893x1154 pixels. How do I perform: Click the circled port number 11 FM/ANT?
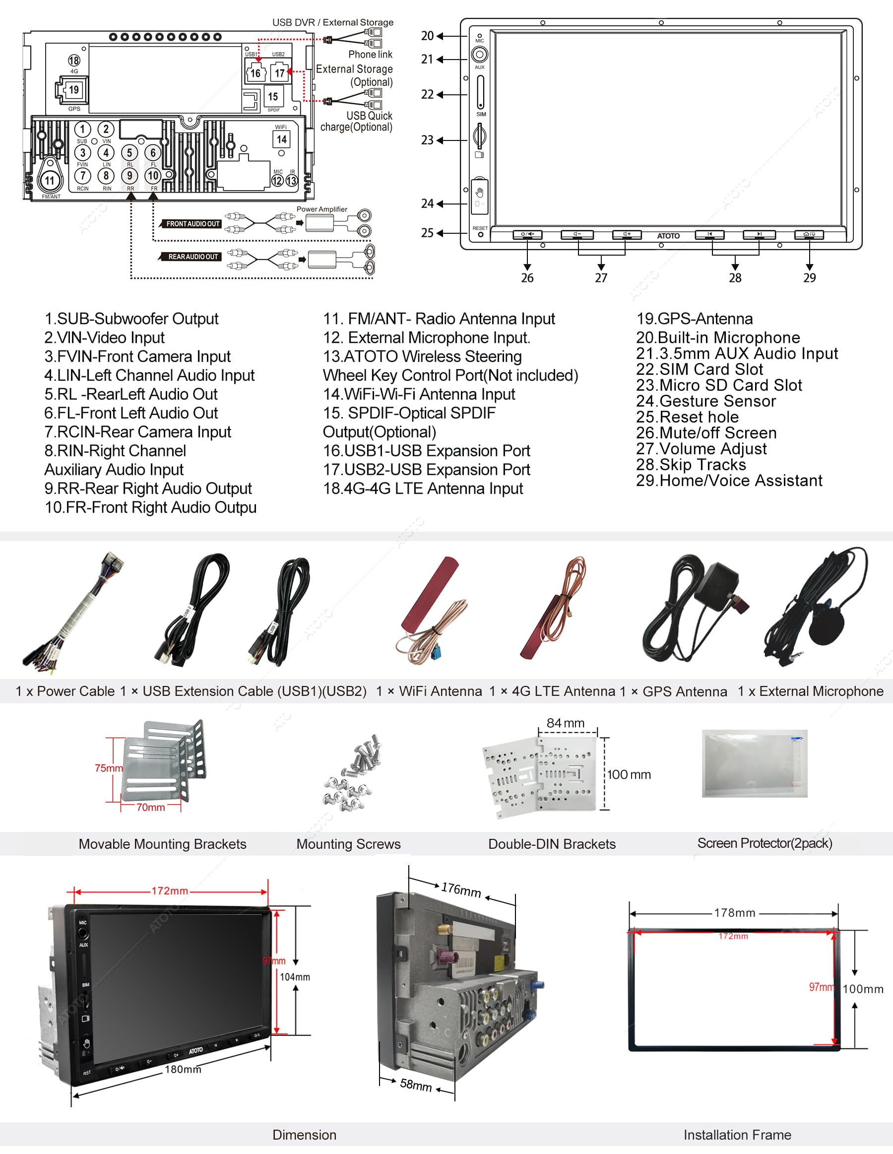[50, 181]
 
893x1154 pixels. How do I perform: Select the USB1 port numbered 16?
[255, 73]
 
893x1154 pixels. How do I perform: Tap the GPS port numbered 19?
[73, 90]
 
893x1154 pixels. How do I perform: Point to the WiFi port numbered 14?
[281, 139]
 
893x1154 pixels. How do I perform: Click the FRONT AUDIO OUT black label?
[193, 224]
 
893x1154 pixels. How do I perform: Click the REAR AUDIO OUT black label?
[193, 257]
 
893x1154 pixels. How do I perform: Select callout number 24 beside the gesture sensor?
[427, 204]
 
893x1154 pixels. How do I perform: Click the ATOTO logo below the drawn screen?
[668, 236]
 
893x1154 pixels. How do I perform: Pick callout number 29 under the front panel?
[809, 278]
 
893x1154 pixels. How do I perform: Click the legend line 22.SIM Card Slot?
[699, 369]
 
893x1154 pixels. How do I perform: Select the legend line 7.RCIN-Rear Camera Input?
[138, 432]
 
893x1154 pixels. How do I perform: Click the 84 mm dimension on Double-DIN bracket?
[565, 723]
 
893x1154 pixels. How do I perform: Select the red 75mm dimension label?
[108, 768]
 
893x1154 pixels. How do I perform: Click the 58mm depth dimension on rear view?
[416, 1084]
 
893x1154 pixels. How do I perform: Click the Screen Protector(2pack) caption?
[764, 843]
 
